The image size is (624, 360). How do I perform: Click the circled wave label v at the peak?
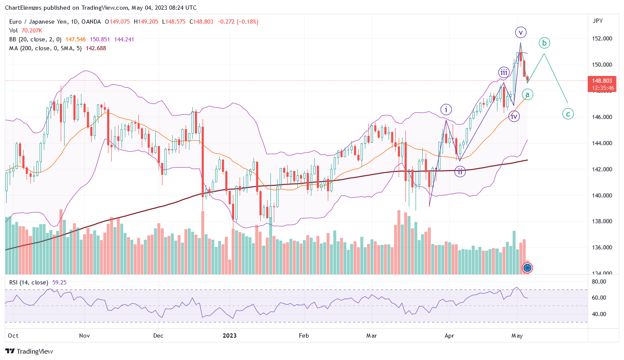(521, 32)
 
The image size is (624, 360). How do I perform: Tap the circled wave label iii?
(504, 72)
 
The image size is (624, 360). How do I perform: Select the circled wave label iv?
(513, 116)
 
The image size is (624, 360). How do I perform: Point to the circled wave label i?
(446, 110)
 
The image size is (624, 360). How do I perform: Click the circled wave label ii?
(460, 171)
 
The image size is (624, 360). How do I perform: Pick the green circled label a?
(527, 95)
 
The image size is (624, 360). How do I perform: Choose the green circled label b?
(544, 43)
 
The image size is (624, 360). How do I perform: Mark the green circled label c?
(568, 114)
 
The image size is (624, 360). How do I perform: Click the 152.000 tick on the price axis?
(602, 38)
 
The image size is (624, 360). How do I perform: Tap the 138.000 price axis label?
(602, 221)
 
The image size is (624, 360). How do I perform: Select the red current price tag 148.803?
(602, 81)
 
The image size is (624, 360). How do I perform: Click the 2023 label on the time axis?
(230, 336)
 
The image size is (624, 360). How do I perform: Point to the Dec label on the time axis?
(158, 336)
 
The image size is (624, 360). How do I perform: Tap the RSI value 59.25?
(59, 282)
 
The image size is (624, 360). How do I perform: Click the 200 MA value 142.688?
(96, 48)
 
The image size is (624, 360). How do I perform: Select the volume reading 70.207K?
(32, 30)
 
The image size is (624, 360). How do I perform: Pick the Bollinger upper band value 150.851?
(100, 39)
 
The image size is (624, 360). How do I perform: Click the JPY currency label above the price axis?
(597, 21)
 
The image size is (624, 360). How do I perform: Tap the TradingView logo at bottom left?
(29, 351)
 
